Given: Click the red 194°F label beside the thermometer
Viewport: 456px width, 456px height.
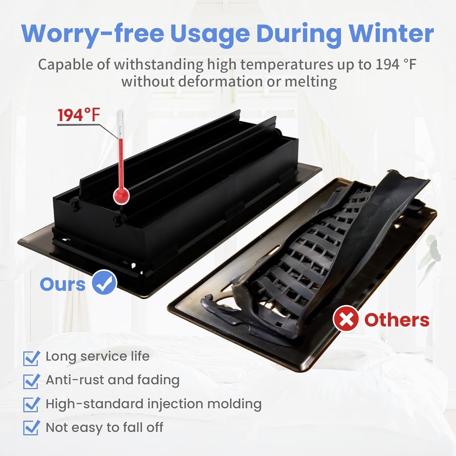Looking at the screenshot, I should click(x=79, y=115).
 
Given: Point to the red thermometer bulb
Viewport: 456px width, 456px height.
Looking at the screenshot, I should click(x=121, y=195).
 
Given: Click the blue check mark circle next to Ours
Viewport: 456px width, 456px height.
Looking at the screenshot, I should click(x=105, y=283).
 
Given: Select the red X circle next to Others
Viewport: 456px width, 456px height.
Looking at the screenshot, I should click(x=346, y=319).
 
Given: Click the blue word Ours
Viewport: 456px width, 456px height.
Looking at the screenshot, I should click(x=62, y=284).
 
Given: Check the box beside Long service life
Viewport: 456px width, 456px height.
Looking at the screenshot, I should click(x=31, y=357).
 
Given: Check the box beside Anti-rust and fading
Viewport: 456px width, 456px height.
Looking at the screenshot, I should click(x=31, y=381).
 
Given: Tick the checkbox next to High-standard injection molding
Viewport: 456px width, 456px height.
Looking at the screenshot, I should click(x=31, y=404).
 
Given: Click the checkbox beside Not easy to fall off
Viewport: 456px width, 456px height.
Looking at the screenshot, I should click(x=31, y=428).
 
